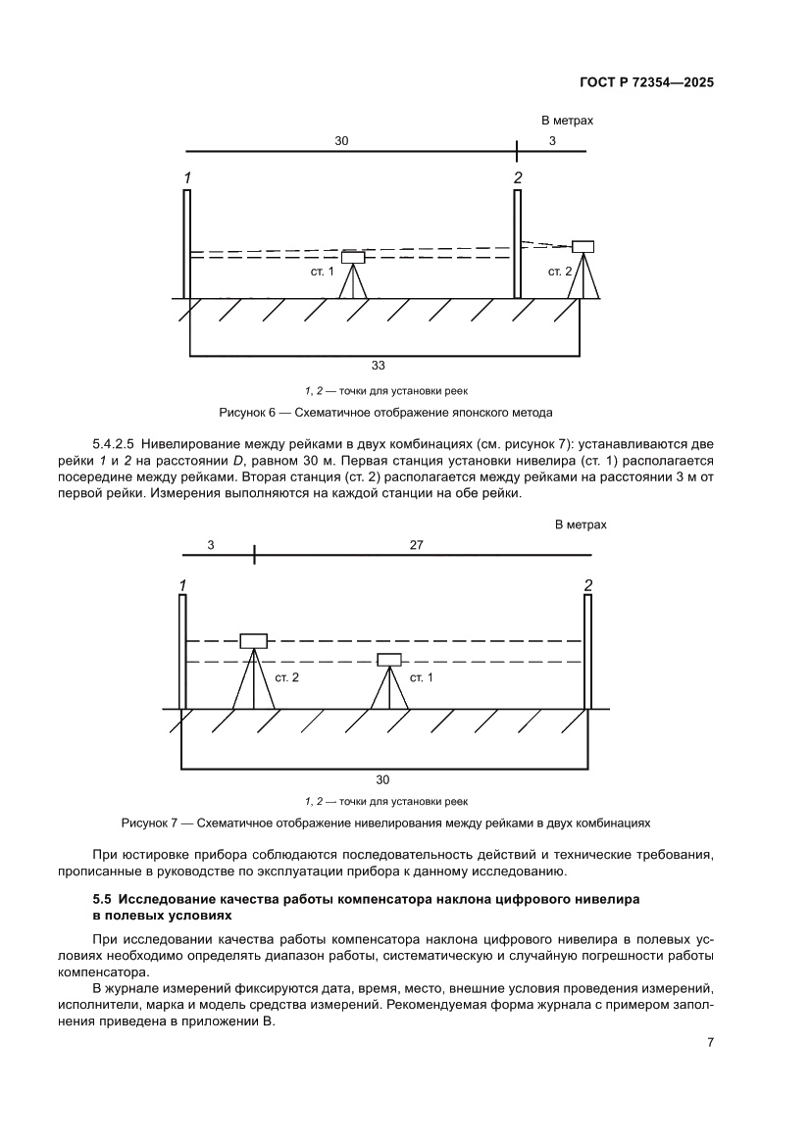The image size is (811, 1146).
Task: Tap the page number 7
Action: [709, 1042]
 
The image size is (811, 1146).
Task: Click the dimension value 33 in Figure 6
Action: [378, 366]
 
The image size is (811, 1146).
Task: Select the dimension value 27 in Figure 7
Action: [417, 545]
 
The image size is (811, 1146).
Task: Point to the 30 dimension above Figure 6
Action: [341, 141]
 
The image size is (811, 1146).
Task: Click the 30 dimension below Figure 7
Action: [382, 779]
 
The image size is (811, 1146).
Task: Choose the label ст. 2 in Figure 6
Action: [560, 272]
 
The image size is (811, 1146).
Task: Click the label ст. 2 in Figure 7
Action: [286, 677]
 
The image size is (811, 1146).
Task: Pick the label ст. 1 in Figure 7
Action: [421, 677]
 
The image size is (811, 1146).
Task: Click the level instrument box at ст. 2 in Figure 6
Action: [583, 246]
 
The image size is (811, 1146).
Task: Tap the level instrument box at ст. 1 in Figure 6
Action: [353, 258]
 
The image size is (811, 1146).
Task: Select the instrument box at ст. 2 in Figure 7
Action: [254, 641]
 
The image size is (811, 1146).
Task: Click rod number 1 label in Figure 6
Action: [185, 177]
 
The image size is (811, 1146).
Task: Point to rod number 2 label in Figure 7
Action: [587, 585]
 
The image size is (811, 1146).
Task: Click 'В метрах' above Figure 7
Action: [581, 524]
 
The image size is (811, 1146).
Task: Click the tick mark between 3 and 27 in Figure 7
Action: [254, 555]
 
